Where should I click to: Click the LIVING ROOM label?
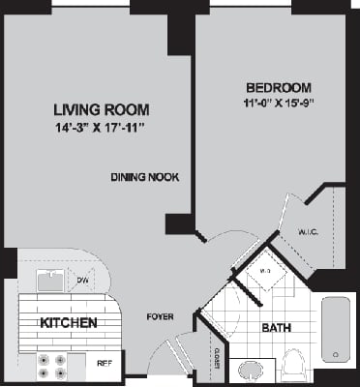tap(93, 109)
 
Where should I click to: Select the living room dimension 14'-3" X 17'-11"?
tap(93, 127)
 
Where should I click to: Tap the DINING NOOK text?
tap(144, 177)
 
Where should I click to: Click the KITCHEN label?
tap(68, 322)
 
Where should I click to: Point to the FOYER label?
tap(160, 316)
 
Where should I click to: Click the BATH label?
tap(276, 328)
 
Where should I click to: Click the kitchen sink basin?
tap(49, 280)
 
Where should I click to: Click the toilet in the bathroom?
tap(294, 367)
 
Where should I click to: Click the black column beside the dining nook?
tap(178, 224)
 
